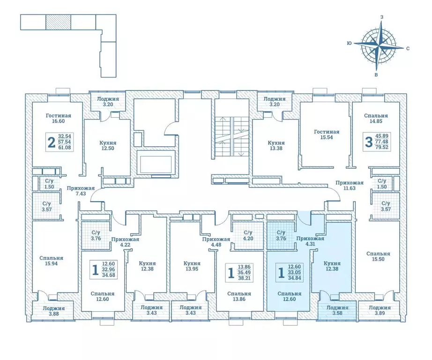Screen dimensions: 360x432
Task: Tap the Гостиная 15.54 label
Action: tap(326, 135)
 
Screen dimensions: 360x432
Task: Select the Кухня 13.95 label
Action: tap(192, 267)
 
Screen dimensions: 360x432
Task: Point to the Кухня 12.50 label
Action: tap(108, 146)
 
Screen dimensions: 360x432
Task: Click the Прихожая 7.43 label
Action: tap(81, 191)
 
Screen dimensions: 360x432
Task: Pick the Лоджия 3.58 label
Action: tap(331, 311)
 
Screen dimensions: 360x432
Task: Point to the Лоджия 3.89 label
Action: tap(379, 311)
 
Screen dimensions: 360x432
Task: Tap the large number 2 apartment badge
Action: tap(51, 142)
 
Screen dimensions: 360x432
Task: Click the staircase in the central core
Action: tap(230, 136)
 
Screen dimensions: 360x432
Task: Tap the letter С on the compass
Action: tap(408, 48)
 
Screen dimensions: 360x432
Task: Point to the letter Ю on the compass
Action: tap(349, 43)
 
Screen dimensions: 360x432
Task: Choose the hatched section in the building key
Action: tap(58, 22)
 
